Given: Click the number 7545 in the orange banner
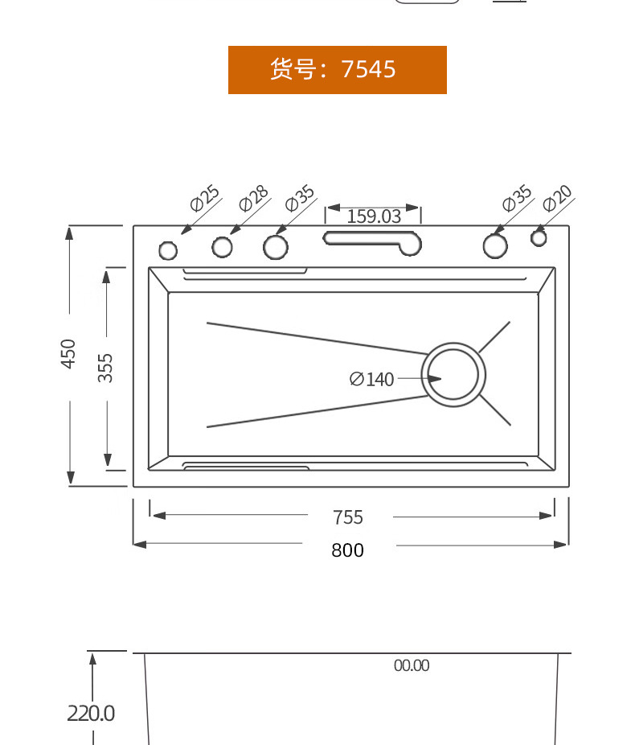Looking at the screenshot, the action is tap(368, 69).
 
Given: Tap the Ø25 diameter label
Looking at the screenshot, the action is tap(204, 198).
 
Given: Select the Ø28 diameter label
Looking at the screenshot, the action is tap(253, 198).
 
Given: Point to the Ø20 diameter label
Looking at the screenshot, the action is tap(558, 198).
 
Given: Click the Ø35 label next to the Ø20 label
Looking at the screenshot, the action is tap(517, 198).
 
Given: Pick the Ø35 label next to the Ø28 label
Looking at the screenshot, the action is tap(300, 198).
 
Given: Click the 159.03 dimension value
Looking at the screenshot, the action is tap(374, 216).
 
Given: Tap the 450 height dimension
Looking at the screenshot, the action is tap(68, 353).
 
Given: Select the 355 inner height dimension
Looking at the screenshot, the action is tap(105, 368).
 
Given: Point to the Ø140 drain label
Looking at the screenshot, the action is tap(371, 379).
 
